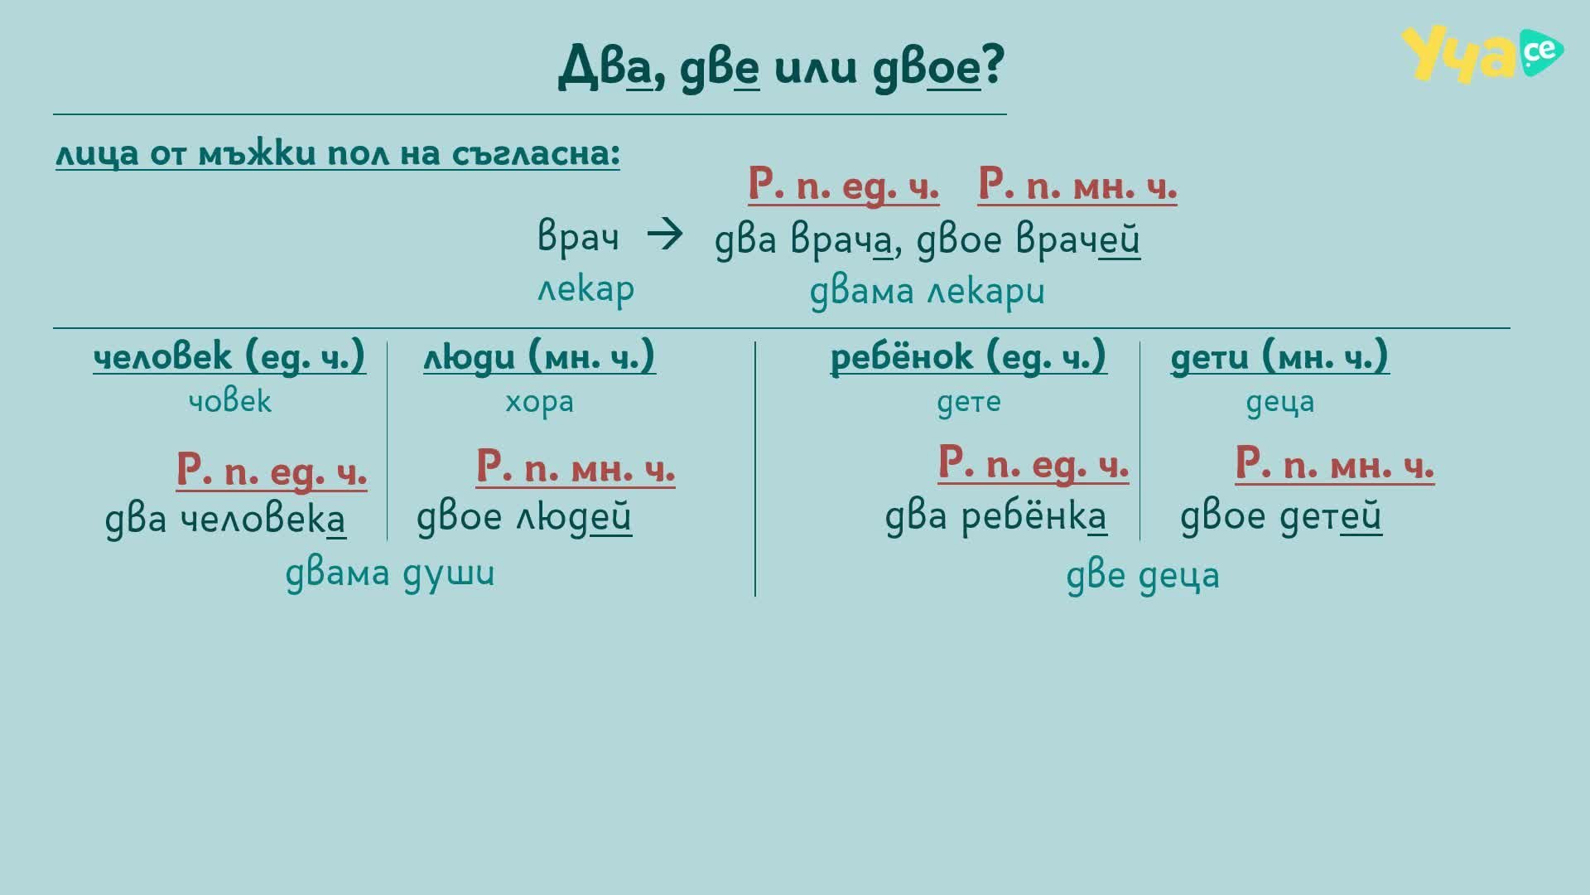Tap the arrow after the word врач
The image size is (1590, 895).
click(x=664, y=235)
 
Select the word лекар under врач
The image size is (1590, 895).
click(x=585, y=289)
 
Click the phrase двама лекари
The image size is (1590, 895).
click(x=927, y=292)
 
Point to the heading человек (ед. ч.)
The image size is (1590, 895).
click(x=229, y=356)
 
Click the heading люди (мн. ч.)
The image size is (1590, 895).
click(x=539, y=356)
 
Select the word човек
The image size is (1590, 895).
click(x=229, y=401)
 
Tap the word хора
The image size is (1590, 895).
click(x=539, y=402)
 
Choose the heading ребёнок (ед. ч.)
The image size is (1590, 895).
click(x=968, y=356)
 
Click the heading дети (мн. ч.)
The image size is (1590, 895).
click(x=1279, y=356)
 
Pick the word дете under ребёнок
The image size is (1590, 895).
click(x=968, y=402)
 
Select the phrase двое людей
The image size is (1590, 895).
click(x=523, y=517)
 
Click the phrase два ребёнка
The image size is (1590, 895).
click(x=995, y=515)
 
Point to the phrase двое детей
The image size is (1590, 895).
click(x=1280, y=516)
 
